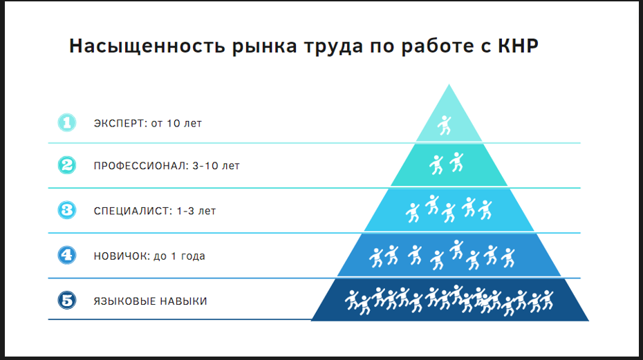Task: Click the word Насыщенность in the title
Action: click(x=147, y=46)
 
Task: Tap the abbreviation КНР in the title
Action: click(x=518, y=46)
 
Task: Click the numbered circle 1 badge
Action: click(x=67, y=122)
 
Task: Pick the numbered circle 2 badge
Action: click(x=67, y=165)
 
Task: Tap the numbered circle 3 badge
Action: click(x=67, y=210)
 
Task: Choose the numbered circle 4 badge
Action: click(x=67, y=255)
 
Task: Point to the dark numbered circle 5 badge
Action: click(x=67, y=300)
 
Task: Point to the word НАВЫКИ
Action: click(x=183, y=301)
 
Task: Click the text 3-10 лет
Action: click(x=216, y=166)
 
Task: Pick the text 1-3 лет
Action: click(x=196, y=211)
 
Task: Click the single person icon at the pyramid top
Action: click(x=444, y=125)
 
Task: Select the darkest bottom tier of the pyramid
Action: click(x=450, y=300)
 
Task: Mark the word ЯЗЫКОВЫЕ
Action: click(x=124, y=301)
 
